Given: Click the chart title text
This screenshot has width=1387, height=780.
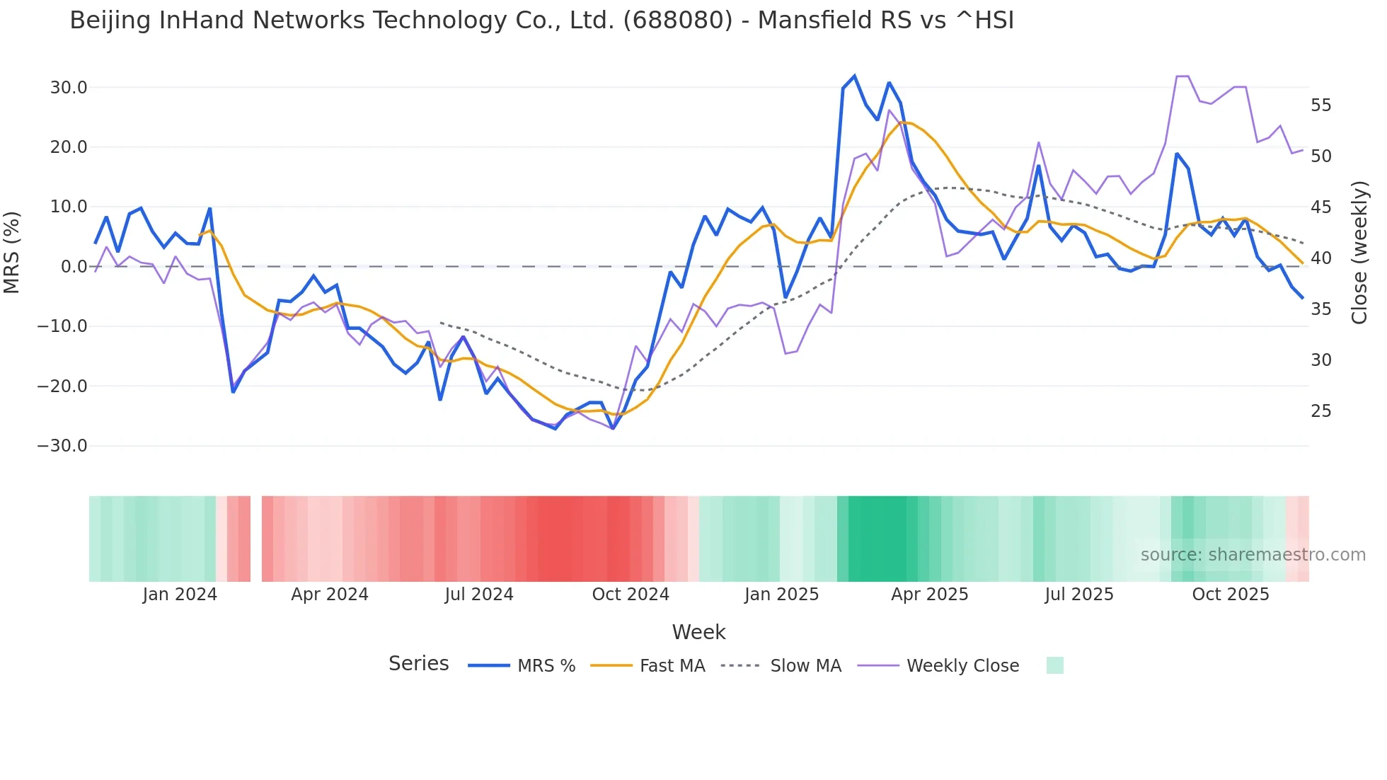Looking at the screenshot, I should pyautogui.click(x=541, y=21).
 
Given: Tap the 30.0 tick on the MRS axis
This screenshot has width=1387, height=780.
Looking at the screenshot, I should pyautogui.click(x=69, y=88).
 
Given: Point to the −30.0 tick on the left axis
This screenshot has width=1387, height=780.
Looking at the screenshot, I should pyautogui.click(x=63, y=446).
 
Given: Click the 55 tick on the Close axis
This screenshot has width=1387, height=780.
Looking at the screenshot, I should pyautogui.click(x=1320, y=105).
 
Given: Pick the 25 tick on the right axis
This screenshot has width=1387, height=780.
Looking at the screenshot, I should pyautogui.click(x=1320, y=411).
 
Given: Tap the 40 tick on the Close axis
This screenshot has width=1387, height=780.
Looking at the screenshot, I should pyautogui.click(x=1320, y=258).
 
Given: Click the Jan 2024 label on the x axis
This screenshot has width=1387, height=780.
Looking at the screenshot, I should pyautogui.click(x=180, y=595).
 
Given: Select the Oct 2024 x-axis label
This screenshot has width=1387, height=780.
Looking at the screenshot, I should pyautogui.click(x=631, y=595).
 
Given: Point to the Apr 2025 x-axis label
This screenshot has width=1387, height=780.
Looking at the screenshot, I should pyautogui.click(x=929, y=595).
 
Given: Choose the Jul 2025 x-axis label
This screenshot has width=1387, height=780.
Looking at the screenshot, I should pyautogui.click(x=1079, y=595).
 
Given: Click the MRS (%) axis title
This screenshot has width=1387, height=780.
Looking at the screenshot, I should pyautogui.click(x=12, y=252).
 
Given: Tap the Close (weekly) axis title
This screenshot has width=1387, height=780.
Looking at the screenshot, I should pyautogui.click(x=1359, y=252).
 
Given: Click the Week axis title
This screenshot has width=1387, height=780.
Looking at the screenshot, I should pyautogui.click(x=698, y=632).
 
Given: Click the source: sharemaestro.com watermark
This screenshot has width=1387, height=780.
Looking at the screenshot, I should pyautogui.click(x=1253, y=555).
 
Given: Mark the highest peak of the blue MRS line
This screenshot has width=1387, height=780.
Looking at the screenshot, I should pyautogui.click(x=854, y=76).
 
